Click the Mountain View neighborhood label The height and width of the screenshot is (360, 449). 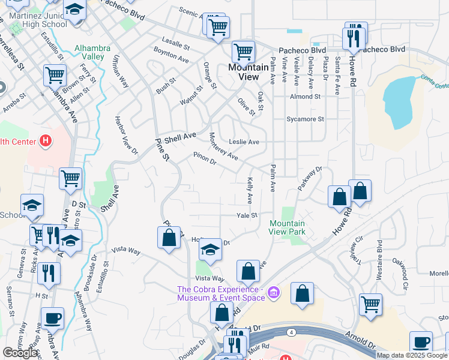point(249,72)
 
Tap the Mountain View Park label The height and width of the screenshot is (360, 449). point(286,227)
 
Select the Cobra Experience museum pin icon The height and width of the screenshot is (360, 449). point(274,293)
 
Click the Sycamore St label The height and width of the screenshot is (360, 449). point(305,119)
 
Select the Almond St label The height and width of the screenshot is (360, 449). point(305,96)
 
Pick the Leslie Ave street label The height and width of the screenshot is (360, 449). point(244,142)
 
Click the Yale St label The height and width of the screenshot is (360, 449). point(246,215)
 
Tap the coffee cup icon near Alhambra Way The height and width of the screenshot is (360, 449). point(53,318)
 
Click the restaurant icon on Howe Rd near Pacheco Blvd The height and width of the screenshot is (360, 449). point(352,38)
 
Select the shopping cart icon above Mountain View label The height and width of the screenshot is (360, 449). point(243,52)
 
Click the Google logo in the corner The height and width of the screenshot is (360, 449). point(20,353)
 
